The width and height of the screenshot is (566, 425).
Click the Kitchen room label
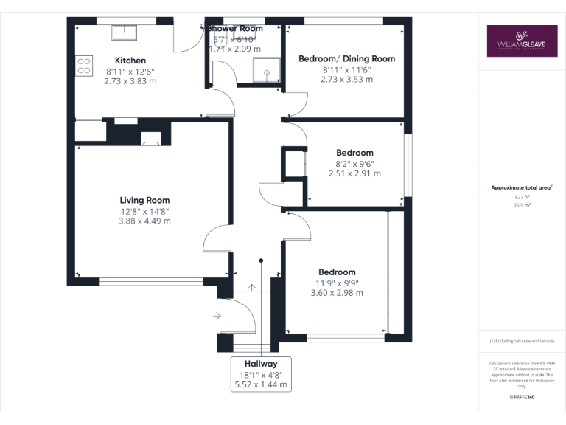130,60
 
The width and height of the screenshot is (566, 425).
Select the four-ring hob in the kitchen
83,66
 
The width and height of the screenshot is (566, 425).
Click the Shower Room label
237,29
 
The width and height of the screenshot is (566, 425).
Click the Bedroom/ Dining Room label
346,58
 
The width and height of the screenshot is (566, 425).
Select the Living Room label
144,200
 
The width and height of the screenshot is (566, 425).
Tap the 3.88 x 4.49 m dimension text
144,221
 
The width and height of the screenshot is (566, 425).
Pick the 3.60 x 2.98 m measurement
336,293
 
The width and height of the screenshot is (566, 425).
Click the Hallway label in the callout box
262,364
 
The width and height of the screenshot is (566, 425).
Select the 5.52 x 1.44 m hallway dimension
262,384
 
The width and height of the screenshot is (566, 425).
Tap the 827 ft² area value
522,197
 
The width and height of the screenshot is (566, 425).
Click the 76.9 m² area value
522,206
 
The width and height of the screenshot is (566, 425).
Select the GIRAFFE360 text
523,397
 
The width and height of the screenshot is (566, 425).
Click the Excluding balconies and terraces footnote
523,341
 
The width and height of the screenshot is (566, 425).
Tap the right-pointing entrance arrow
217,316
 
